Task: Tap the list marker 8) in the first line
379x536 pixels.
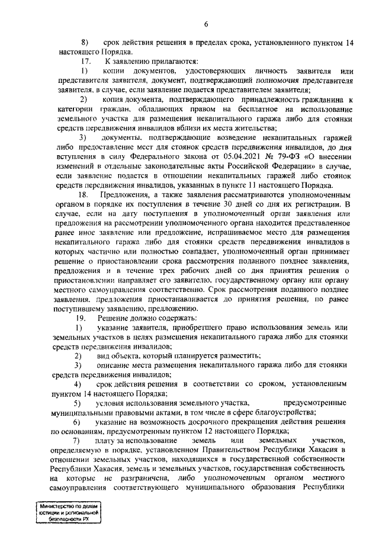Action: (84, 43)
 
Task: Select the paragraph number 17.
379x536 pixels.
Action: (85, 62)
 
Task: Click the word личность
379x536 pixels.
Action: (239, 71)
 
